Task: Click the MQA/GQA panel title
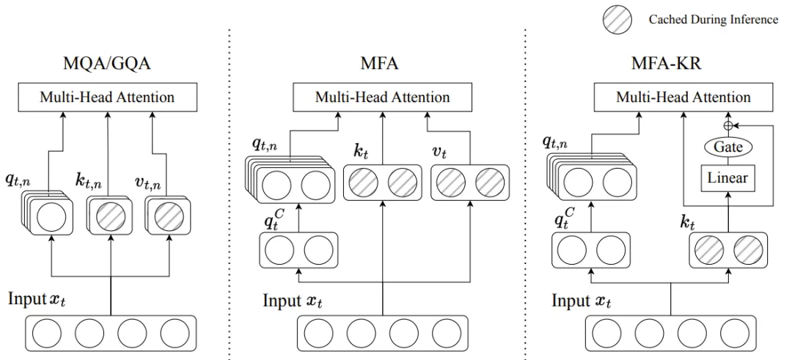[107, 64]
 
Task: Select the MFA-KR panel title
[666, 64]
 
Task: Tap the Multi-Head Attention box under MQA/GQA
[107, 97]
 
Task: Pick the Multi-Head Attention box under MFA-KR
[683, 97]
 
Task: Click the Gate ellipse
[728, 147]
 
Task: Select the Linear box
[728, 178]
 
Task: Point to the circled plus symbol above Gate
[728, 124]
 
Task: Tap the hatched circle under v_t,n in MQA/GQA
[170, 218]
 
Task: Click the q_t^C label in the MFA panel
[271, 221]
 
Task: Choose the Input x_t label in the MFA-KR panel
[581, 301]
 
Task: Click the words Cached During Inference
[713, 20]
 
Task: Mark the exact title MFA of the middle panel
[380, 64]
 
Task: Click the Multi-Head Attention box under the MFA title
[382, 97]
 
